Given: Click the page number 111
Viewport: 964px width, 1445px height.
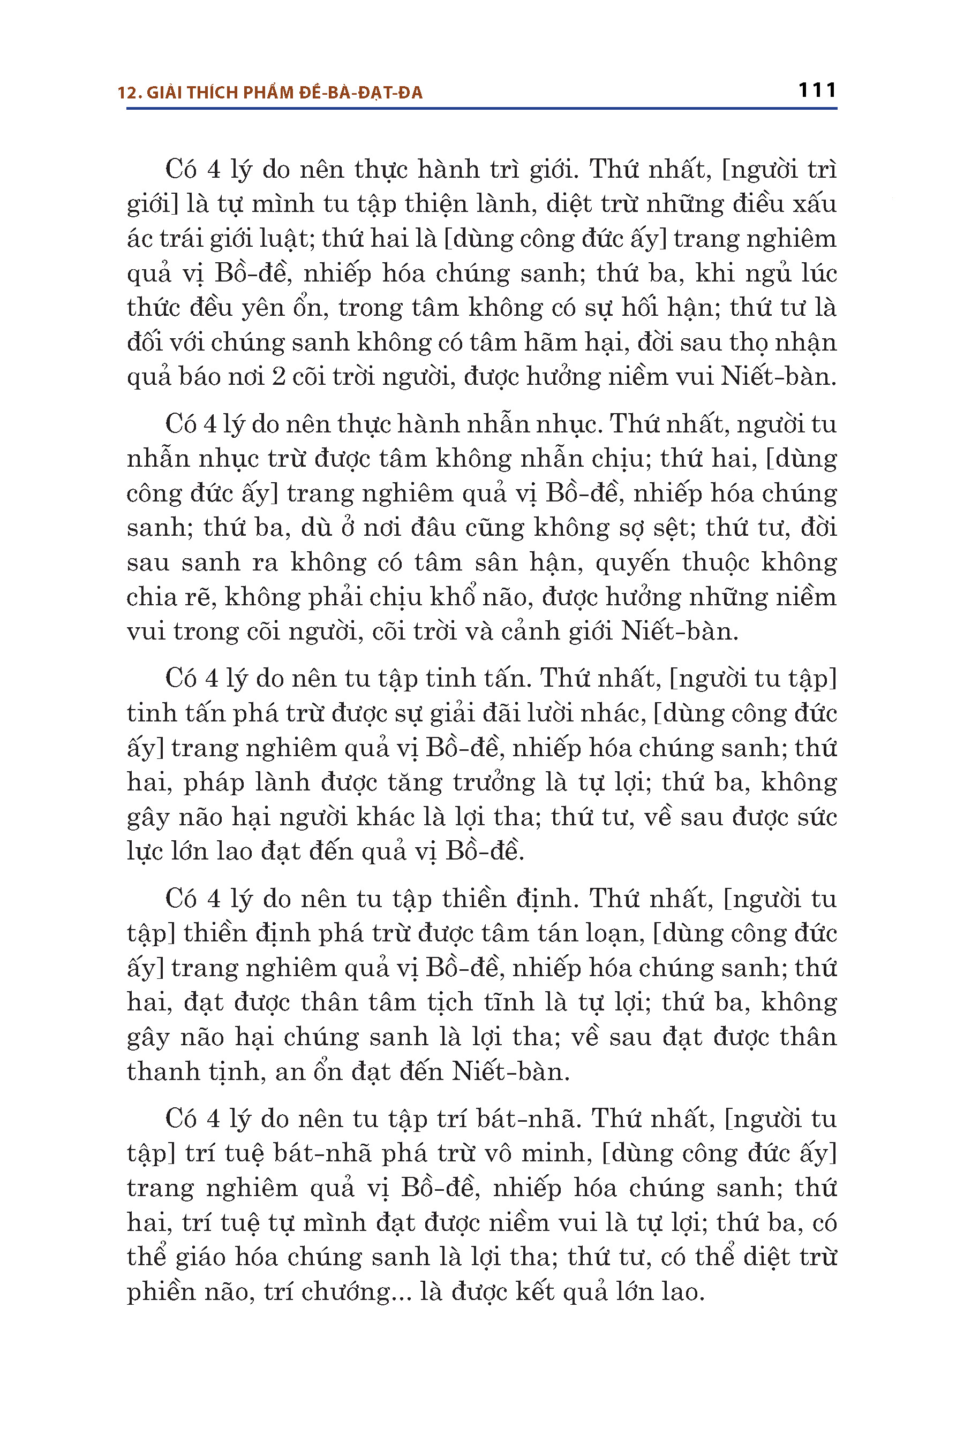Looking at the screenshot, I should click(x=817, y=91).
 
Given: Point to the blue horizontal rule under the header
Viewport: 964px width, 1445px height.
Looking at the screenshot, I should click(x=481, y=109).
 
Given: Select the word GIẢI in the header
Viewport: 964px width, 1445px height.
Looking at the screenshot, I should click(x=165, y=93).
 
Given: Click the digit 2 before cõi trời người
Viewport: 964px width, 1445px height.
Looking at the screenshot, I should click(x=278, y=377).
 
